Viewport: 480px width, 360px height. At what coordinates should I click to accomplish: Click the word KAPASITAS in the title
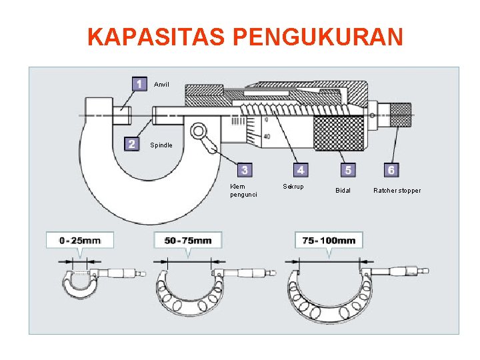point(158,37)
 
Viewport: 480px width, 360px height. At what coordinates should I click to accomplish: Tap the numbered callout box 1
point(139,84)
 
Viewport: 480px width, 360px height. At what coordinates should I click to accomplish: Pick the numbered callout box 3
point(245,170)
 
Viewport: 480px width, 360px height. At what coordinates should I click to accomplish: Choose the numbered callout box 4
point(301,170)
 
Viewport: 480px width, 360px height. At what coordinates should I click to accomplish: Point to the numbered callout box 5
point(347,170)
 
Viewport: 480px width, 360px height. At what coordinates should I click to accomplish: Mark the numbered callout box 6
point(391,170)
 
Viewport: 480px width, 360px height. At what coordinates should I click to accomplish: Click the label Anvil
point(162,85)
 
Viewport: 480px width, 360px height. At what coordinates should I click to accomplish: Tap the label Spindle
point(161,145)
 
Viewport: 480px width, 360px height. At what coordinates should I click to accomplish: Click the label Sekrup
point(293,187)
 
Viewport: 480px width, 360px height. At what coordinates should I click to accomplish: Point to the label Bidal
point(343,191)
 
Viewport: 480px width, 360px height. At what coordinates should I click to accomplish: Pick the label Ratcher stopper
point(397,191)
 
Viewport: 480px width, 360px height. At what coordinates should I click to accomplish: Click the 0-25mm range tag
point(79,240)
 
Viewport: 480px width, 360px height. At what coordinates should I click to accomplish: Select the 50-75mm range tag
point(187,240)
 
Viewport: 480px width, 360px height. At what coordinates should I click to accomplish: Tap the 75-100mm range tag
point(329,240)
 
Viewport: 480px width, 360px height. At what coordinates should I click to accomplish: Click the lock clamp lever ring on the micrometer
point(197,131)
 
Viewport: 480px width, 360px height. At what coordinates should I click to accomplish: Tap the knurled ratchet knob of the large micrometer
point(400,115)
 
